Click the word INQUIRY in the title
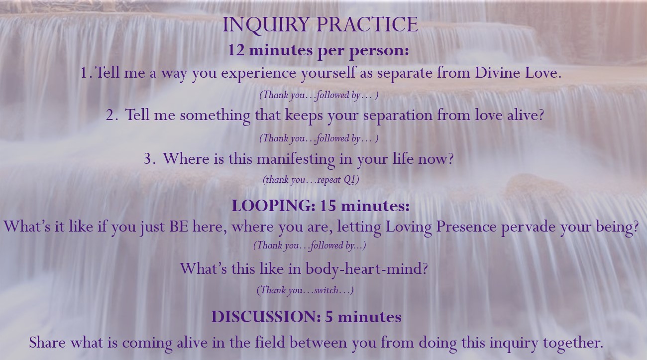click(x=266, y=25)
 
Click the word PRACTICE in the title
click(x=367, y=24)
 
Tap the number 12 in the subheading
click(x=236, y=50)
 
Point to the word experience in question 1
click(x=258, y=73)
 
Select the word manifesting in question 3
click(x=296, y=160)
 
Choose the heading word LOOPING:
click(x=273, y=206)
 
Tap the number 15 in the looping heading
click(x=328, y=206)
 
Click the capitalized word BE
click(x=179, y=226)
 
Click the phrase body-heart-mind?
click(x=366, y=269)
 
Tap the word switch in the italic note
click(x=326, y=290)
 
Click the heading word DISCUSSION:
click(x=266, y=317)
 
